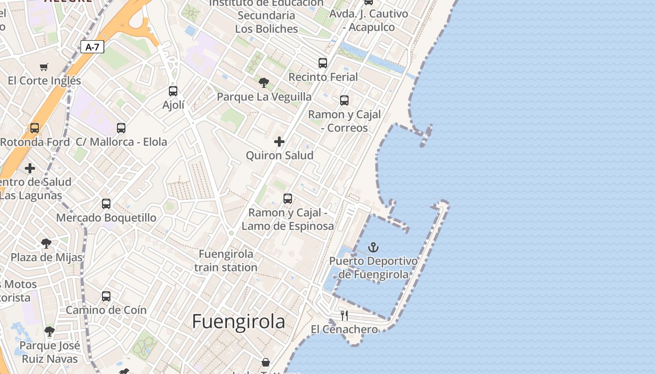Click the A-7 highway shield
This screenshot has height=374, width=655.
[92, 47]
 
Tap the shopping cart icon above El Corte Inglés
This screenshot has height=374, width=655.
[44, 67]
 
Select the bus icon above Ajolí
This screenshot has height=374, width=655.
[173, 91]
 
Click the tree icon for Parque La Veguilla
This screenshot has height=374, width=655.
[264, 83]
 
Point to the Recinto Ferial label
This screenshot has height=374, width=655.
[323, 77]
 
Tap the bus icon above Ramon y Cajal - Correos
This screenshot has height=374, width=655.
[344, 100]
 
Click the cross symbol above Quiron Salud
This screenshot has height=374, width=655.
[279, 141]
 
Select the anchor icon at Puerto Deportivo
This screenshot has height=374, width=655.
[373, 247]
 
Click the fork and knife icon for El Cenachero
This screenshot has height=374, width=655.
[344, 316]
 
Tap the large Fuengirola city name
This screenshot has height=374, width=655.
[239, 322]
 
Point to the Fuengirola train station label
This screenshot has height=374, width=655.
[226, 261]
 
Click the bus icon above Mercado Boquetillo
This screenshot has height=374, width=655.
[106, 203]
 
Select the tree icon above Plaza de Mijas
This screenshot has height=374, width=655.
[46, 243]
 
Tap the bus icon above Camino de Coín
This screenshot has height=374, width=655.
[106, 296]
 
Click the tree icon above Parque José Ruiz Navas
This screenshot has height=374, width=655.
[50, 331]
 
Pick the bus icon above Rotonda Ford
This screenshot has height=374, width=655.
[35, 128]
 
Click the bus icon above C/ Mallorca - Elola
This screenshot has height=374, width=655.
[121, 128]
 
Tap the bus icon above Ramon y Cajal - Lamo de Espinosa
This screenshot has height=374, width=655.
[288, 198]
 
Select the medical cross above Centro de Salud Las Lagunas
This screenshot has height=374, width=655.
[30, 168]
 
